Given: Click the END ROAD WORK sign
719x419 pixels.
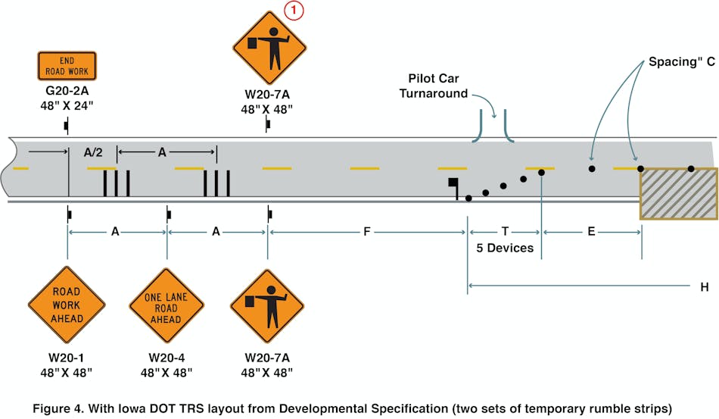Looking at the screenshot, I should (67, 66).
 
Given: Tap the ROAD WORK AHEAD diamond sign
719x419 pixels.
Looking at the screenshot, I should (67, 304).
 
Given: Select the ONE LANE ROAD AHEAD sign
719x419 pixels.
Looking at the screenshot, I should (167, 304).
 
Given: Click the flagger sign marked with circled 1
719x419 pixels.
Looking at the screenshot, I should (269, 48).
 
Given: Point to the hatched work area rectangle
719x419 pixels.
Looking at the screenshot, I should (679, 194).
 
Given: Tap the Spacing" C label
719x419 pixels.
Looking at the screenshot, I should (681, 62).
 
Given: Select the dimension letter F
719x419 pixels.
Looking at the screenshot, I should (366, 231).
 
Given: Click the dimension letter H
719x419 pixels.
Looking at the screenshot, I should (705, 286).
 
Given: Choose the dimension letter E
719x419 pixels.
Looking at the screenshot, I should (591, 231).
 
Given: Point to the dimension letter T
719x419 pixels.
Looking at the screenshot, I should (505, 231).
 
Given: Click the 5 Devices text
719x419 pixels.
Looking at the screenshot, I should (505, 248).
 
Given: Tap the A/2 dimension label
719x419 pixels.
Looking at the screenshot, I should (93, 152).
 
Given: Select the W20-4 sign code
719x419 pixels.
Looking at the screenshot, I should (167, 358).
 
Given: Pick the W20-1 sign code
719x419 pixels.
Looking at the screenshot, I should (67, 358).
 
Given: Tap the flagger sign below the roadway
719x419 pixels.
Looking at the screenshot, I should (266, 304).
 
